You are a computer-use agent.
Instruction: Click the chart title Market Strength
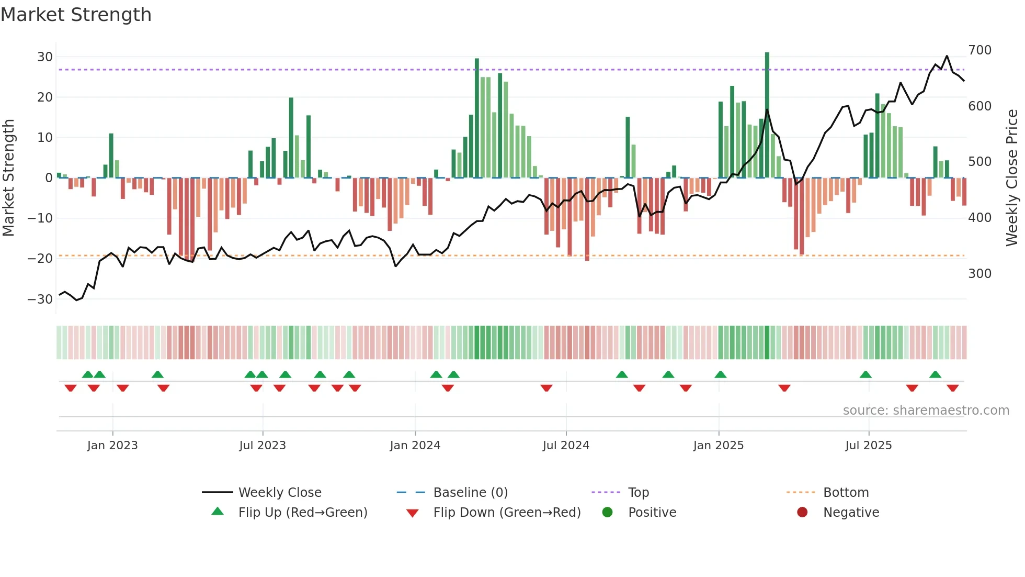pos(76,15)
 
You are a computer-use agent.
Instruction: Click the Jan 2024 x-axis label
pos(415,446)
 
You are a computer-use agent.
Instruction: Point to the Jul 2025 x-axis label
pos(868,446)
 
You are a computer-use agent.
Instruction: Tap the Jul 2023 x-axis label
pos(262,446)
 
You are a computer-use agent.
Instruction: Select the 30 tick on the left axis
pos(45,57)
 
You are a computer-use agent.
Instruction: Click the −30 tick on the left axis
pos(40,299)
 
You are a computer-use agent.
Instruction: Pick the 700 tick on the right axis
pos(980,50)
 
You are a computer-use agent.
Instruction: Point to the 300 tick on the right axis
pos(980,274)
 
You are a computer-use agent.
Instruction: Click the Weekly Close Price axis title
pos(1012,178)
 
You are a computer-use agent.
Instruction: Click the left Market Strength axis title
pos(8,178)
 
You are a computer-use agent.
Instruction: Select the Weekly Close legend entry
pos(279,493)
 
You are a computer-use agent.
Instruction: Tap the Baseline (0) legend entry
pos(470,493)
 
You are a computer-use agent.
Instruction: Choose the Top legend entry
pos(638,493)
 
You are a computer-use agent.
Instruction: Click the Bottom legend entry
pos(846,493)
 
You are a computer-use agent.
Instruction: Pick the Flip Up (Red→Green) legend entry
pos(302,513)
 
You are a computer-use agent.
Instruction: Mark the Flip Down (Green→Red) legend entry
pos(506,513)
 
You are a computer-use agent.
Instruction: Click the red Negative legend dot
pos(802,513)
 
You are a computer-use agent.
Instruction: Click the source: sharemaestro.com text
pos(926,410)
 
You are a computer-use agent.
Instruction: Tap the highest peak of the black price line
pos(947,56)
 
